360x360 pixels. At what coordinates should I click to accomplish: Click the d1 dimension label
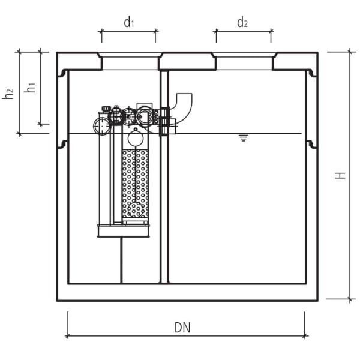(128, 23)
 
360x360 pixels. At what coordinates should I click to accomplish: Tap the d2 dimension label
(242, 23)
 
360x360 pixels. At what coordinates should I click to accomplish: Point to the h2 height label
(8, 94)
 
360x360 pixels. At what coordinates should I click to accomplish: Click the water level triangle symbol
(243, 138)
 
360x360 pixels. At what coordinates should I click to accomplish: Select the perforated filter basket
(135, 183)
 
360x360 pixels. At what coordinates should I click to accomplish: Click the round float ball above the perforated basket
(135, 138)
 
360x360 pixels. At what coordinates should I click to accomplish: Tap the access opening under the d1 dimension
(128, 62)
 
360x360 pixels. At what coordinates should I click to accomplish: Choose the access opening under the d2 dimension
(243, 62)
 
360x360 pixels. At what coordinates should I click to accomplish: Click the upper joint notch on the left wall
(62, 73)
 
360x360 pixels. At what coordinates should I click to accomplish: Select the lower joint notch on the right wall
(311, 144)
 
